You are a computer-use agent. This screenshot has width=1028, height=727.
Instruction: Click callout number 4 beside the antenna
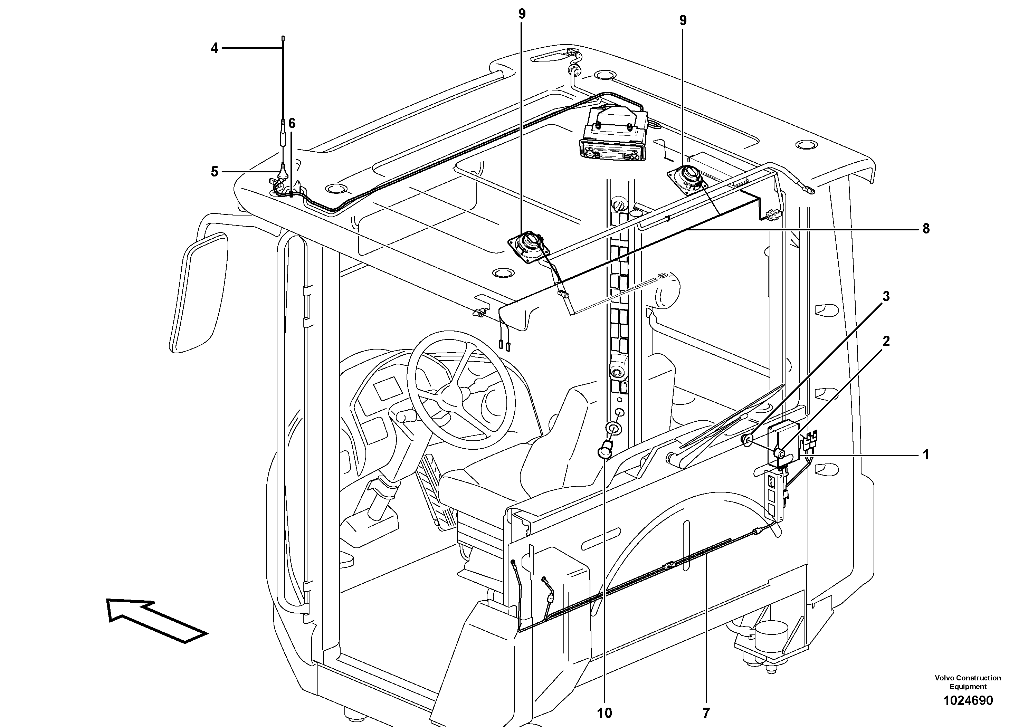click(215, 48)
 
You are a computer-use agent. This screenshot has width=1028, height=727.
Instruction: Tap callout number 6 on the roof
click(292, 123)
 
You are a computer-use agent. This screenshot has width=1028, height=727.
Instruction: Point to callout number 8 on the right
click(926, 229)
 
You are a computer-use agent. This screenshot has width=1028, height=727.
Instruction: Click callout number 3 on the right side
click(886, 296)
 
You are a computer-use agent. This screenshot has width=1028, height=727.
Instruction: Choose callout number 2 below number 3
click(886, 341)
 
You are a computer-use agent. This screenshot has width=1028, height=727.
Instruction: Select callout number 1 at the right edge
click(926, 455)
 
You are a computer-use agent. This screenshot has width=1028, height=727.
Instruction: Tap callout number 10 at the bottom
click(605, 713)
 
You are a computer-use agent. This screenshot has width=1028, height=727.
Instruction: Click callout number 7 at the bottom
click(706, 713)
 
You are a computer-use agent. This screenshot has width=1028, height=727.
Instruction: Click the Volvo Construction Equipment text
click(968, 682)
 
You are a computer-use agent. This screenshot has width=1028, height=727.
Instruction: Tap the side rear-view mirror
click(198, 293)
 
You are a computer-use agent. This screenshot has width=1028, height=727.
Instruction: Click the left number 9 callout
click(522, 14)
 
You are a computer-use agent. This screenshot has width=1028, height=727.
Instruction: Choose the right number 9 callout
click(682, 20)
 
